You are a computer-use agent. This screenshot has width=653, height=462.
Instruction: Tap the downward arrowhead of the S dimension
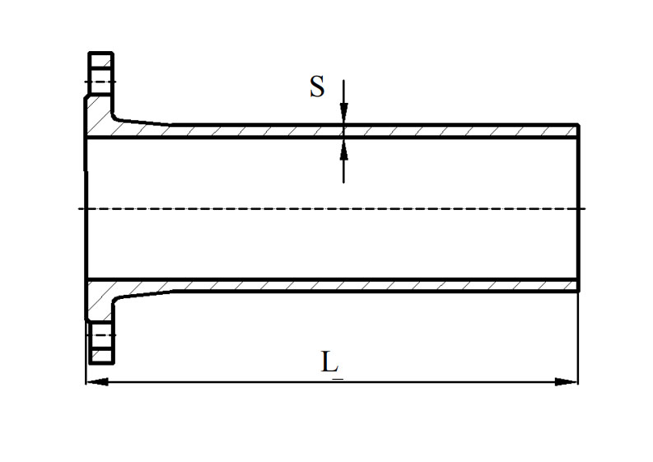point(344,114)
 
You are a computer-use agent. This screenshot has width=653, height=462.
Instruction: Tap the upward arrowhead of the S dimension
point(344,149)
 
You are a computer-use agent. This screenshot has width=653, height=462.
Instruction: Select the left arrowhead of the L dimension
point(97,381)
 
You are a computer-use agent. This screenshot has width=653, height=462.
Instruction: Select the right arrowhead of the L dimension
point(567,381)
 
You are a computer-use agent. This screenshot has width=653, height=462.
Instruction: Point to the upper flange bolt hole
point(100,82)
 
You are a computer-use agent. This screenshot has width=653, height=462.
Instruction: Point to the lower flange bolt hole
point(100,335)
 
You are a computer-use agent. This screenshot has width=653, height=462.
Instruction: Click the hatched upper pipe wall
point(371,131)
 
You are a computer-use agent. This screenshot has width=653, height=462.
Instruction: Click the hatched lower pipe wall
point(371,285)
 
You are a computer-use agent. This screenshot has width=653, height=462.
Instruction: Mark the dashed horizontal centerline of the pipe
point(329,208)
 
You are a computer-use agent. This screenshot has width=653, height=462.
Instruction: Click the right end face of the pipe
point(579,208)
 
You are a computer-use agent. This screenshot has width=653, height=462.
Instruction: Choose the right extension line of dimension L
point(578,338)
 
